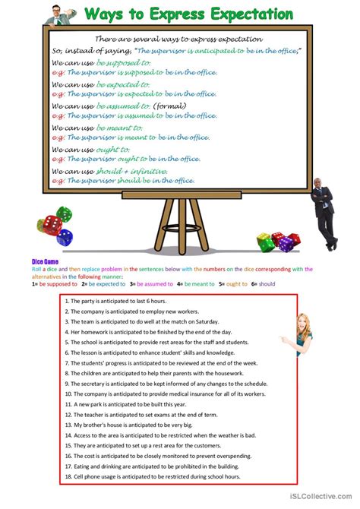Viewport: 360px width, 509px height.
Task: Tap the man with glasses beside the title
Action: pos(60,14)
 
